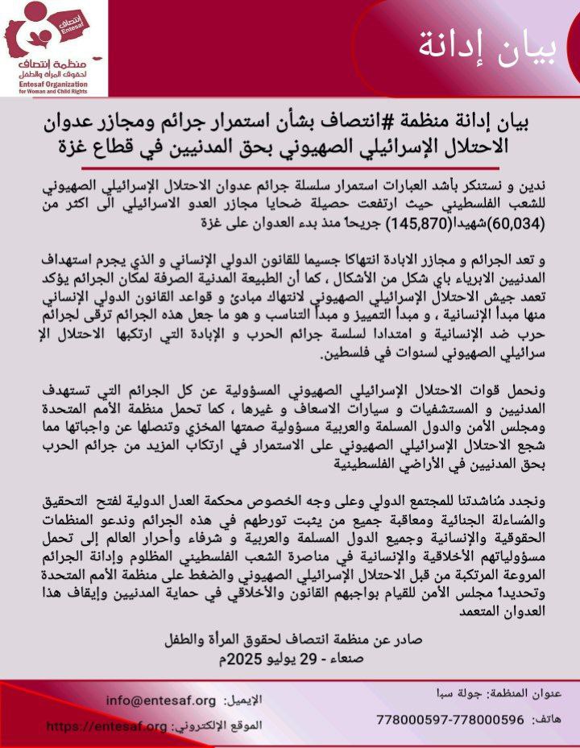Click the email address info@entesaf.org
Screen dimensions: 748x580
[x=161, y=700]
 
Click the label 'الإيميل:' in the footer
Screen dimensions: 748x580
[x=242, y=700]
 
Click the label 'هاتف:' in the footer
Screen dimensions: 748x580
[x=551, y=717]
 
